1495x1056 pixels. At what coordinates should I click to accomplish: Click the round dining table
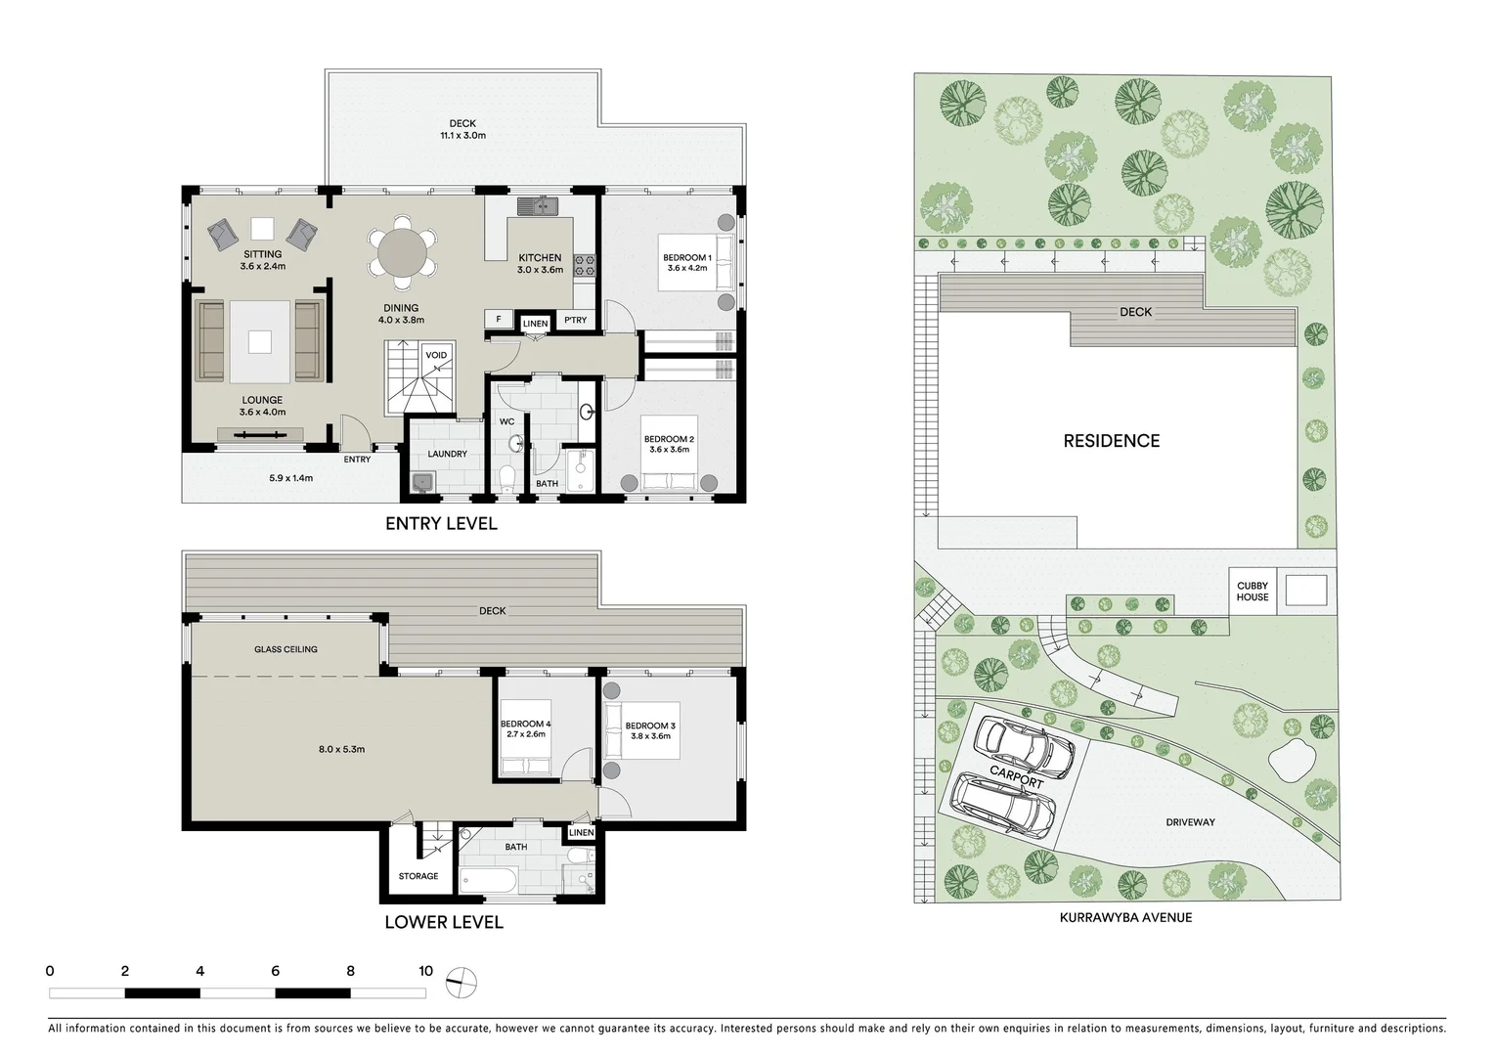402,252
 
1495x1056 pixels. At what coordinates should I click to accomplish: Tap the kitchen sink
537,205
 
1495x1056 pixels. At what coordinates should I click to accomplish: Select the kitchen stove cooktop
585,264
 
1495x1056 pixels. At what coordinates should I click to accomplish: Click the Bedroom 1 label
687,263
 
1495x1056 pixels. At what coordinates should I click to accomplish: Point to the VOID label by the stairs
436,355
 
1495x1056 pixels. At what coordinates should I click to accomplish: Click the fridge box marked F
499,320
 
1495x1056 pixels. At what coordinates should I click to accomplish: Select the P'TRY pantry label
575,320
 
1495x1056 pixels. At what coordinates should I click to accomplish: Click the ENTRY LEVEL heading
441,523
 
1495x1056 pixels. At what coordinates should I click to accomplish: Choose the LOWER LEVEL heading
443,922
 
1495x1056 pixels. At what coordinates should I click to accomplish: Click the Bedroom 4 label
526,728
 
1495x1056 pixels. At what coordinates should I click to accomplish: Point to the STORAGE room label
418,876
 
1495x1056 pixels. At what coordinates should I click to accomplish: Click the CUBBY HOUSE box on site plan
1252,592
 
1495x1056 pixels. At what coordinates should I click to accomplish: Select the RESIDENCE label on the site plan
1111,441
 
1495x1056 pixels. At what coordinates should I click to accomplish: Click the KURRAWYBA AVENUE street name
1125,917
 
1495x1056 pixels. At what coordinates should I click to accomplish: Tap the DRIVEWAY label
1190,822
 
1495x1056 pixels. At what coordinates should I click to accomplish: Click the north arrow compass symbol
461,981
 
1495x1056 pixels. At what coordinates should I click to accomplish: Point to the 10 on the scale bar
425,971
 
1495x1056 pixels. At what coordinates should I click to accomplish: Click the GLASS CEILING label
286,649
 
